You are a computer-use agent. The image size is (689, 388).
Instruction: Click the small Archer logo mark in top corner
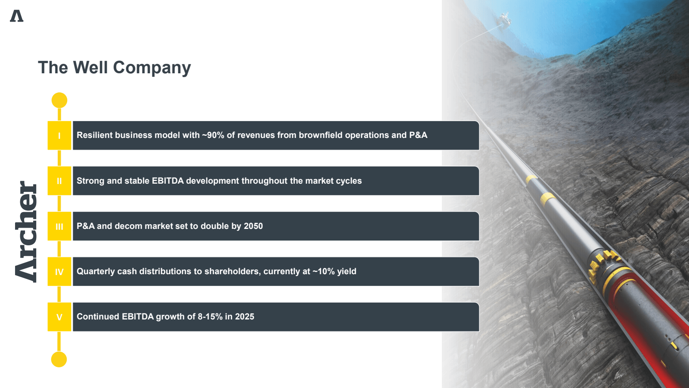(17, 16)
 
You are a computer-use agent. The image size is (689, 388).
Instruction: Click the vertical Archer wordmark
(26, 232)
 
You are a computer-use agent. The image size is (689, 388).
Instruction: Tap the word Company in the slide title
(152, 68)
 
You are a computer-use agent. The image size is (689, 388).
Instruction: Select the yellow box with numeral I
(59, 135)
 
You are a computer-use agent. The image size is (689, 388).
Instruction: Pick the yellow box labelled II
(59, 181)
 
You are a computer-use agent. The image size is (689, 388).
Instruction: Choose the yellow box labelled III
(59, 226)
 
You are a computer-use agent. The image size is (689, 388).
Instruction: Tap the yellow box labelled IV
(59, 272)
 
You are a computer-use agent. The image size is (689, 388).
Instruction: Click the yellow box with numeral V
(59, 317)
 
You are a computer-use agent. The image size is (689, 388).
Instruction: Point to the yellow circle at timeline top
(59, 100)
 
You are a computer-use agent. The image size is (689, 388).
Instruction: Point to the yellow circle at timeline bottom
(59, 360)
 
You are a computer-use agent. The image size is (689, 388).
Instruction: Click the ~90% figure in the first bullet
(213, 135)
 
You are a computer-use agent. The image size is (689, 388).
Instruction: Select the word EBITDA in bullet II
(168, 181)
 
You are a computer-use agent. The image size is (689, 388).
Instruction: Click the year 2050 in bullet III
(253, 226)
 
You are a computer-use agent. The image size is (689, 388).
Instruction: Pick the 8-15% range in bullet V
(210, 316)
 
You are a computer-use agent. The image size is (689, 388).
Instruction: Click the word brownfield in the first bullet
(320, 135)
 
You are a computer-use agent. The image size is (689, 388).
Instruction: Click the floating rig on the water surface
(505, 19)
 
